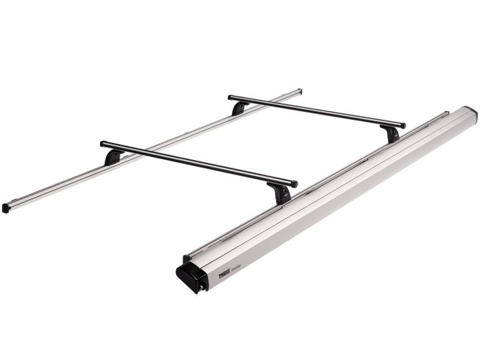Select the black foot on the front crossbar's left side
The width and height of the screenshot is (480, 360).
click(113, 157)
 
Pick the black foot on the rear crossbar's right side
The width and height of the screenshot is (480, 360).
click(391, 134)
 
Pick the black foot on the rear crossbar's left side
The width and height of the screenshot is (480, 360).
click(239, 108)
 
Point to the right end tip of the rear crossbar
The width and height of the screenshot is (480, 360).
click(403, 125)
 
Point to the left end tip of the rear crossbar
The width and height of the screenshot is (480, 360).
click(231, 98)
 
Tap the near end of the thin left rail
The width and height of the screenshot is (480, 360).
click(6, 208)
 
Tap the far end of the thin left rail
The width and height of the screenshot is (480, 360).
click(299, 91)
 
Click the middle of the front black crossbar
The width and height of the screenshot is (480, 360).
click(198, 163)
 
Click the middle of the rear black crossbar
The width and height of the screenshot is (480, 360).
click(317, 112)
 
